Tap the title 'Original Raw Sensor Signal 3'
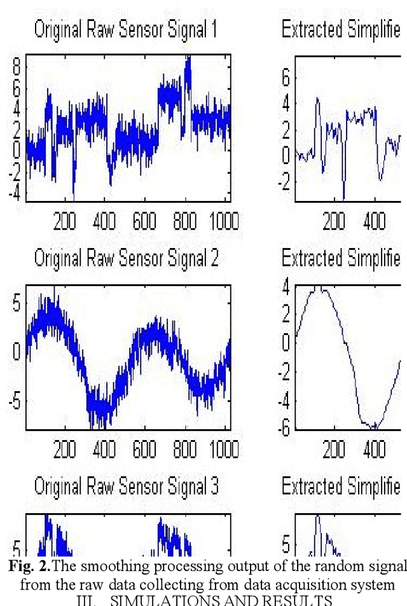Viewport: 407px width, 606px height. (x=126, y=487)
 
